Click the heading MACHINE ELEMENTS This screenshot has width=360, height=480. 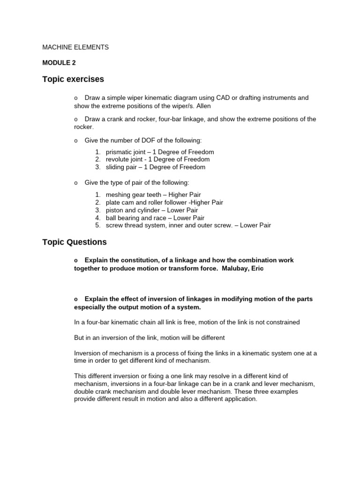coord(75,47)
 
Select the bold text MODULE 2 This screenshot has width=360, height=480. coord(59,62)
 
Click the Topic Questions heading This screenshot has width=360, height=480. coord(74,242)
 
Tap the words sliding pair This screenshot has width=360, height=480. coord(121,167)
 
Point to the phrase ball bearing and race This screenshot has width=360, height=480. coord(133,217)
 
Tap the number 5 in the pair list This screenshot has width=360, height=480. coord(97,225)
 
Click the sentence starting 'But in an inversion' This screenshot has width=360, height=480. coord(150,337)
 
